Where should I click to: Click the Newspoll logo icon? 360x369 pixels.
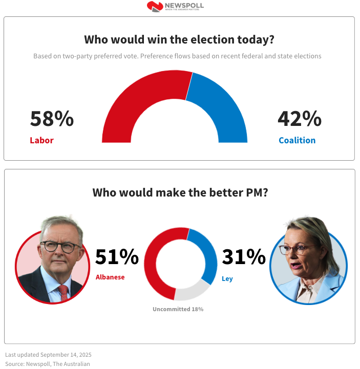coord(155,6)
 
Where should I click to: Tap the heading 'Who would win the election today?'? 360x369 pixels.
coord(179,40)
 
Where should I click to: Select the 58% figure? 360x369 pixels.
coord(52,119)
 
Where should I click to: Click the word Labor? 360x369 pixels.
coord(41,140)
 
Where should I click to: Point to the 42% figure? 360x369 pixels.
coord(300,119)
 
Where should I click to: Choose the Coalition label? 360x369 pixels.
coord(297,140)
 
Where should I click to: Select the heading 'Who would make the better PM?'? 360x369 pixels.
coord(180,193)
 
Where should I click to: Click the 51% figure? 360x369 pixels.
coord(117,257)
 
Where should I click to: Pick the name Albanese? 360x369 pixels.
coord(110,277)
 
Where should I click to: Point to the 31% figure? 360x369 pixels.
coord(243,257)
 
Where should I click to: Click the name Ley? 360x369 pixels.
coord(227,279)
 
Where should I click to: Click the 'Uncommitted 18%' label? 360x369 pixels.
coord(178,309)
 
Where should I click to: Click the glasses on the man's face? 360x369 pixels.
coord(56,246)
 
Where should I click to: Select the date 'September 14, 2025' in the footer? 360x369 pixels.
coord(66,355)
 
